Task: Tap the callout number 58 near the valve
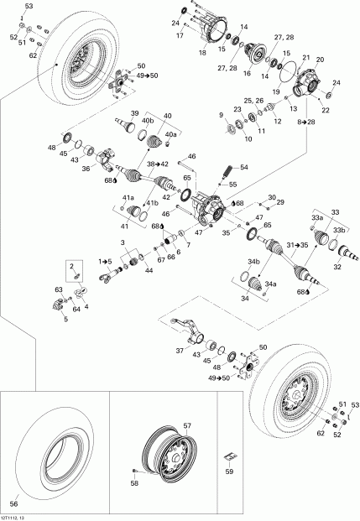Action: coord(134,484)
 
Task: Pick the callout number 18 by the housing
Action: coord(202,52)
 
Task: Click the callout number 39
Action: coord(134,114)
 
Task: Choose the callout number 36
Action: coord(85,168)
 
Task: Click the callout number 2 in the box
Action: coord(74,266)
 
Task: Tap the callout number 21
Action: coord(305,57)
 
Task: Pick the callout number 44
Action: coord(149,272)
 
